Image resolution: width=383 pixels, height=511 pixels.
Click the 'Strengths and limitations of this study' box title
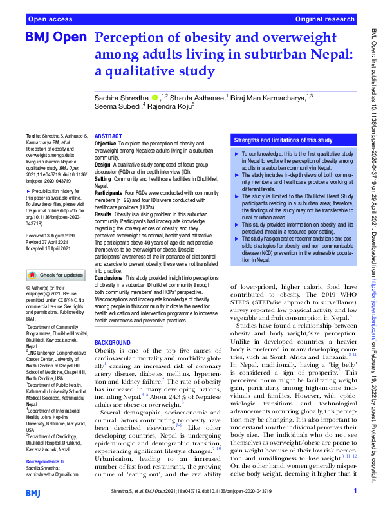click(x=283, y=140)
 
